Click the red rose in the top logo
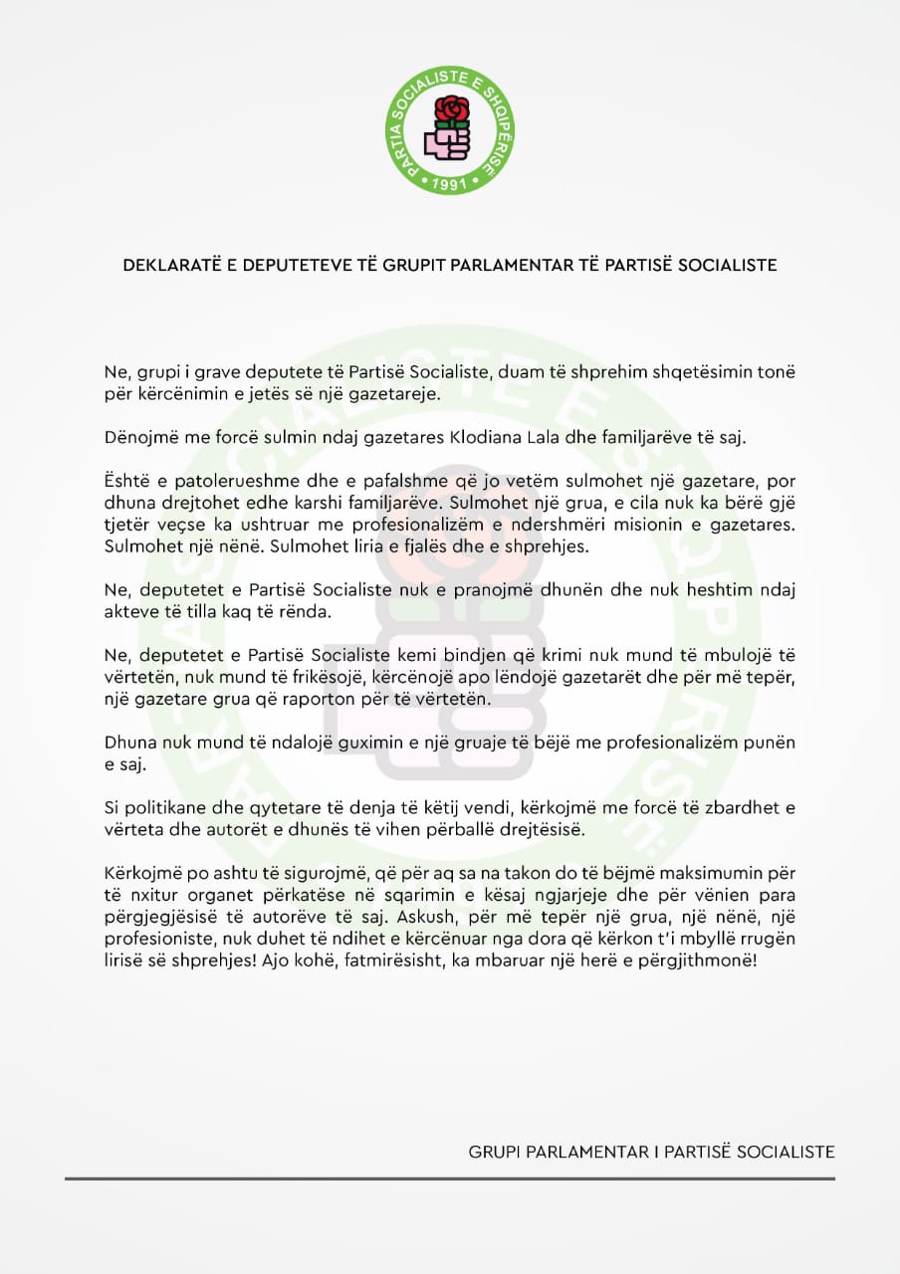tap(451, 109)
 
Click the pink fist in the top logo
tap(446, 142)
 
